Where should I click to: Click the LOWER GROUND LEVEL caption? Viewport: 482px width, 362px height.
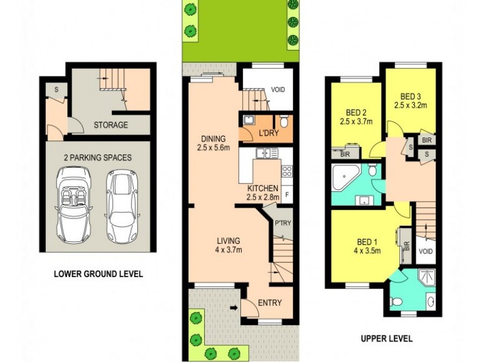[98, 273]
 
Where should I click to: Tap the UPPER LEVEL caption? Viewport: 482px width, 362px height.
[386, 338]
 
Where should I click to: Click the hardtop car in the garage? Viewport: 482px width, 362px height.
[122, 205]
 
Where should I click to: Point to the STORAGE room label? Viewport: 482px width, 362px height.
[110, 125]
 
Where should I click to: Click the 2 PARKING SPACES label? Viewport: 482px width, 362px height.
[98, 157]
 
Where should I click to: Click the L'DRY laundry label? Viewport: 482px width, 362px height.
[268, 133]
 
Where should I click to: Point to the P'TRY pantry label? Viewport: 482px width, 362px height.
[283, 223]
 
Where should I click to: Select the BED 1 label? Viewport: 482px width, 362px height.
[366, 247]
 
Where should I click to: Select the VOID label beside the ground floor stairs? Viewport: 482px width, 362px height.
[278, 89]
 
